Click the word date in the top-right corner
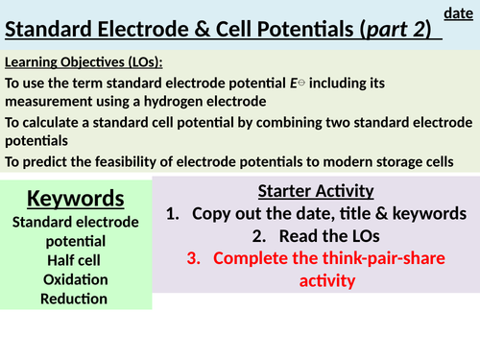457,12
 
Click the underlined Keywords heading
76,199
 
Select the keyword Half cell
75,260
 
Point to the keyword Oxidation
75,279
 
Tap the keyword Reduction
75,299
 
